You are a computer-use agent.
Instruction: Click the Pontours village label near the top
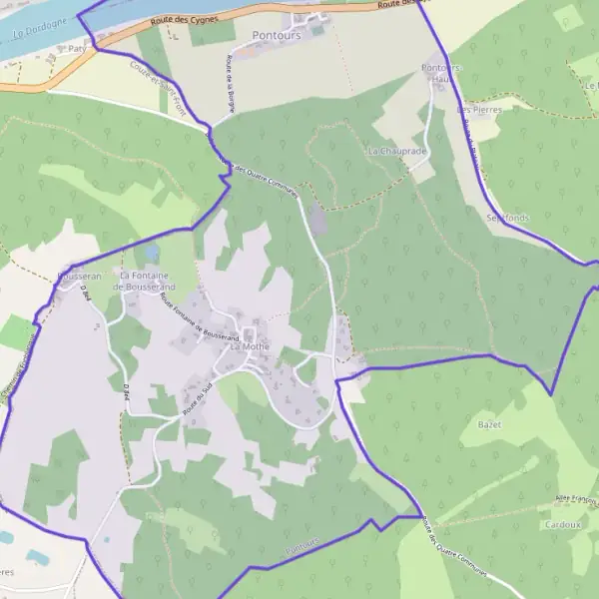[x=277, y=35]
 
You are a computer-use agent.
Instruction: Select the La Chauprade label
[x=396, y=151]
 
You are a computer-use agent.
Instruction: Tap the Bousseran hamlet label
[x=80, y=276]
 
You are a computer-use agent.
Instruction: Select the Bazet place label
[x=489, y=425]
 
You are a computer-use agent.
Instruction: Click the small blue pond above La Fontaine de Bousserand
[x=153, y=252]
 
